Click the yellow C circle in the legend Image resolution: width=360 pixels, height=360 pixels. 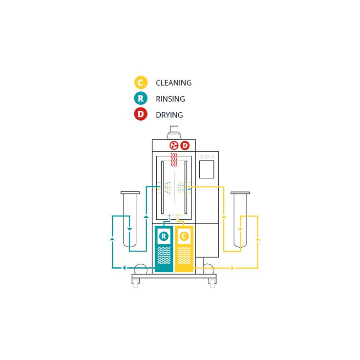coord(141,82)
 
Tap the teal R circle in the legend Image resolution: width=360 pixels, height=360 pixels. coord(141,98)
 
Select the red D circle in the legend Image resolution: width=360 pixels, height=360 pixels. coord(141,114)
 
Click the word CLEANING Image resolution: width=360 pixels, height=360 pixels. coord(174,83)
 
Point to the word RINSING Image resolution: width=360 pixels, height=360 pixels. coord(171,99)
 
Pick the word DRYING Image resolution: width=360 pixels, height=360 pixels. coord(169,115)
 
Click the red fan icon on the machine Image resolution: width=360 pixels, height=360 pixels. coord(174,145)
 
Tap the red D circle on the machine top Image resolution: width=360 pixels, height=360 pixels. coord(185,145)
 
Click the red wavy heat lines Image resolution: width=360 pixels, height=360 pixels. coord(174,160)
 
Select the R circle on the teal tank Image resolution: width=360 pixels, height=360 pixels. coord(164,236)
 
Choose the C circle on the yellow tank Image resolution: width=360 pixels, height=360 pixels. coord(184,236)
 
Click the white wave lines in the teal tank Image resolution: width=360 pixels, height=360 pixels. coord(164,256)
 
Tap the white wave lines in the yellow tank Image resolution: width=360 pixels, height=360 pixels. coord(184,256)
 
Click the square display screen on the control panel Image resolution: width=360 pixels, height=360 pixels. coord(207,170)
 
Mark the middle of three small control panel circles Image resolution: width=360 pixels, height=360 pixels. coord(207,157)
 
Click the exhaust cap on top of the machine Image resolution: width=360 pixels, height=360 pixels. coord(174,129)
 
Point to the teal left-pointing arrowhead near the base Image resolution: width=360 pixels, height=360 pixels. coord(124,268)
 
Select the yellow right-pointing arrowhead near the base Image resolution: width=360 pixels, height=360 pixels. coord(232,268)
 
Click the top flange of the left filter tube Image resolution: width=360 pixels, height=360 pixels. coord(130,193)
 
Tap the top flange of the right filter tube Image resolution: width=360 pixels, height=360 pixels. coord(240,193)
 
